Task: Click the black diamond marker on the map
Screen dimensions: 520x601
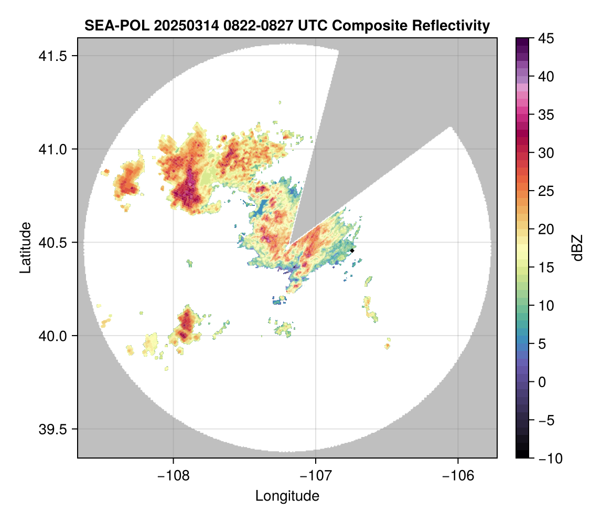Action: point(352,251)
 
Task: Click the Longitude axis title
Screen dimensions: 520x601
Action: point(287,496)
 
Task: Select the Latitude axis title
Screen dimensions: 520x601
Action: point(25,247)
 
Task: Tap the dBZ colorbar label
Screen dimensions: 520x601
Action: point(577,247)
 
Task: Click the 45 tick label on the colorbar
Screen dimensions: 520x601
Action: point(546,39)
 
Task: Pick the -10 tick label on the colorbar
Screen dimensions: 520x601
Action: point(549,459)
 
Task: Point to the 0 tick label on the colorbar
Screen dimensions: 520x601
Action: point(543,382)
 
